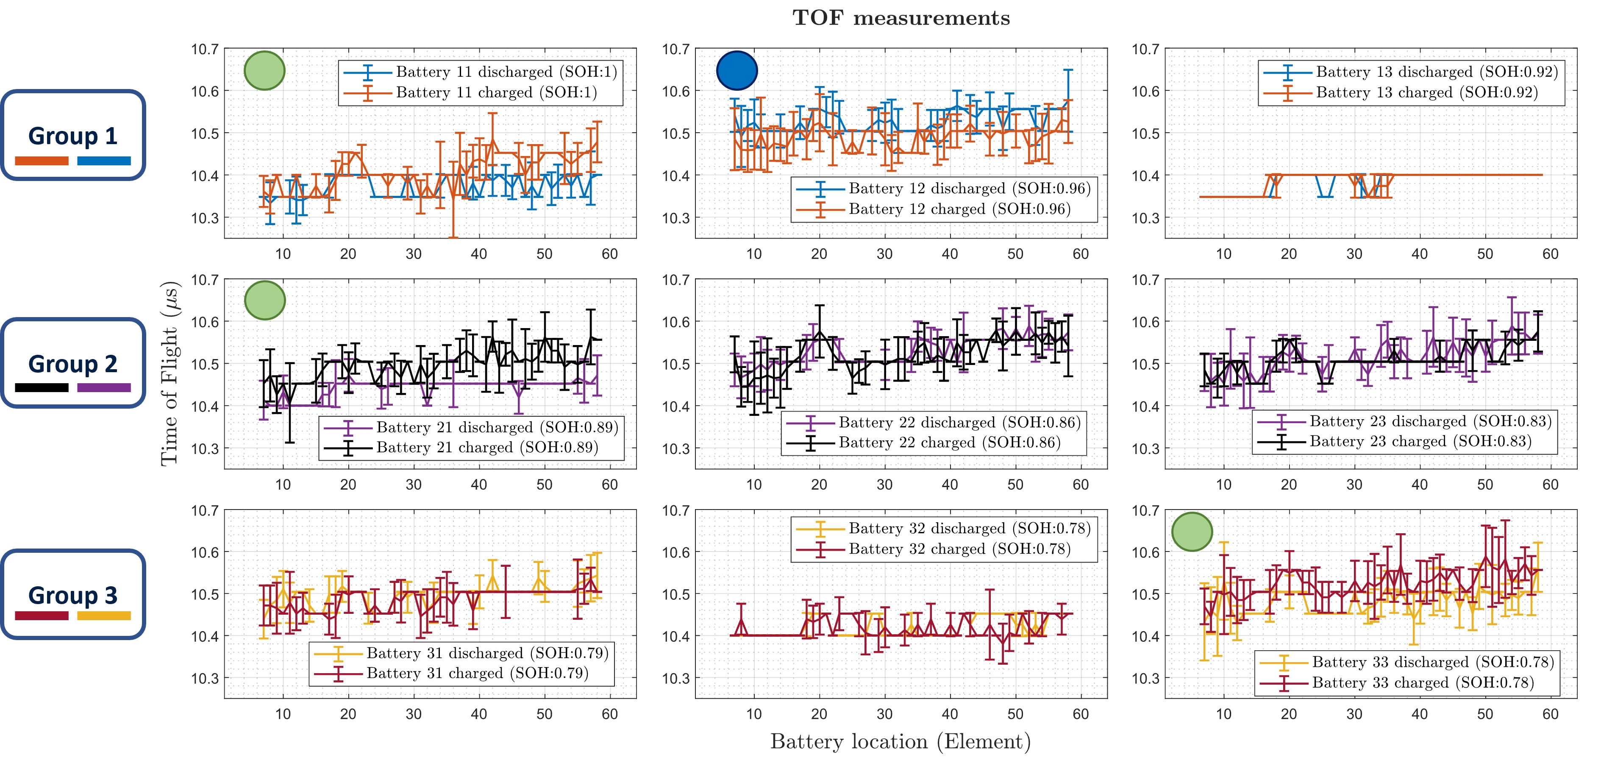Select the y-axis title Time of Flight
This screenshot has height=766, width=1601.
click(170, 373)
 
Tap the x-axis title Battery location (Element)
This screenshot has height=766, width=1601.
click(901, 741)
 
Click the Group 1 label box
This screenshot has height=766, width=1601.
click(73, 135)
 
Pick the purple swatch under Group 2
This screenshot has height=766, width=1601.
click(104, 388)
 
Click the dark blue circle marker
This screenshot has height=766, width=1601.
click(737, 70)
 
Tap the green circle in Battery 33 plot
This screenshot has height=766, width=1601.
click(1192, 532)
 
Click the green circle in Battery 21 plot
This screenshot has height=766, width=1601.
click(265, 300)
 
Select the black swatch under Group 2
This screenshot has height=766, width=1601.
click(42, 388)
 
